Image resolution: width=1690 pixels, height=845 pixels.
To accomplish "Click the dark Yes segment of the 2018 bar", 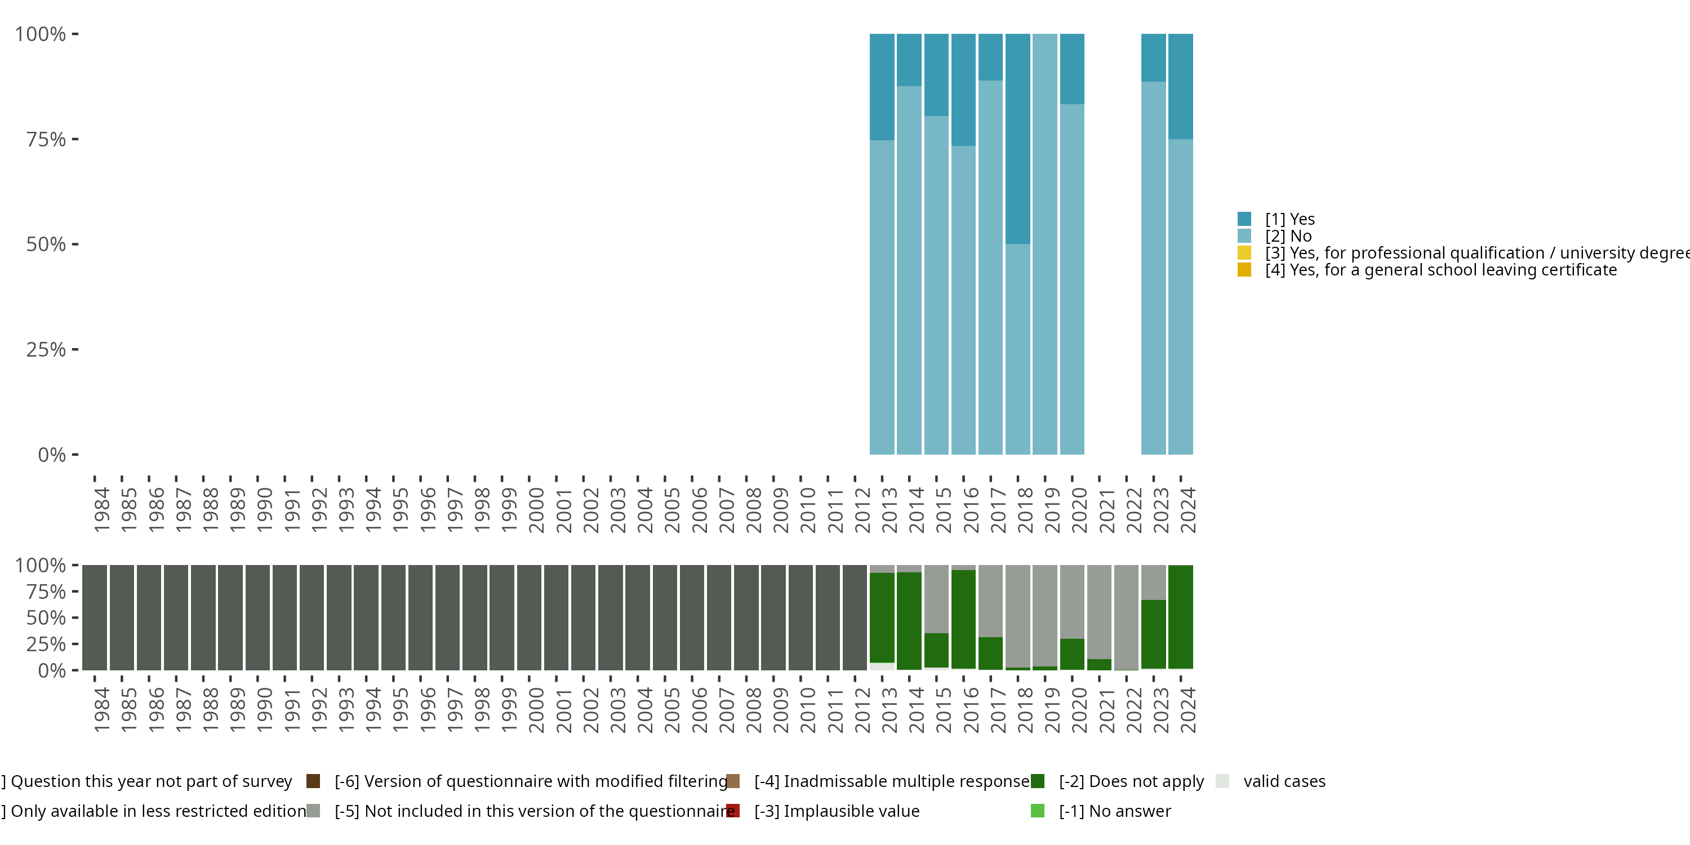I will point(1017,139).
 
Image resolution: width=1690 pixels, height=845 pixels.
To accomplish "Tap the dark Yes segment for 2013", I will point(882,87).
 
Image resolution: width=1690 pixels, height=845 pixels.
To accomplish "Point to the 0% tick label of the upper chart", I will point(52,455).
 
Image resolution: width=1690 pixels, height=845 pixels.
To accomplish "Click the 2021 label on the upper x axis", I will point(1107,511).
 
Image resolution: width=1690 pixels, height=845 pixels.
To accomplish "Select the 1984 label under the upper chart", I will point(102,510).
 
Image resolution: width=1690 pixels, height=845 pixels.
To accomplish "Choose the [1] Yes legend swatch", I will point(1244,219).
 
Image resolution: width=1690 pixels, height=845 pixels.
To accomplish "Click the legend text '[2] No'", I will point(1288,236).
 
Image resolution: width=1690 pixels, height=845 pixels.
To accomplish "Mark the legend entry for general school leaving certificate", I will point(1440,270).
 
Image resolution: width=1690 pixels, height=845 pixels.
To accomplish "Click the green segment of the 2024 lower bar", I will point(1180,617).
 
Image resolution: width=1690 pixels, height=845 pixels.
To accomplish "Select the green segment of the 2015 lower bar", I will point(936,650).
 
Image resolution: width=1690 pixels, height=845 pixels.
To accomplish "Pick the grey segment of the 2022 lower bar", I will point(1126,617).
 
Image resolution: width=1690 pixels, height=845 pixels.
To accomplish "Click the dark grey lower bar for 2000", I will point(529,617).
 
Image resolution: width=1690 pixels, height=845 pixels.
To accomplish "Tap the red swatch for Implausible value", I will point(733,811).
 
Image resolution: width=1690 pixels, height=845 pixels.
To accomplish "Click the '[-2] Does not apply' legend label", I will point(1131,781).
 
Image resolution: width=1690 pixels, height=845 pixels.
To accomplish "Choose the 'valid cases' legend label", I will point(1284,781).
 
